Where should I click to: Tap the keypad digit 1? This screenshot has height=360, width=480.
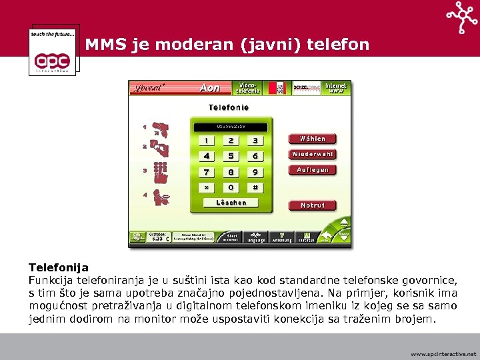click(206, 141)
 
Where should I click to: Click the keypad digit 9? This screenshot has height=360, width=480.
click(255, 172)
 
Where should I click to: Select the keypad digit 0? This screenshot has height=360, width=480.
click(231, 188)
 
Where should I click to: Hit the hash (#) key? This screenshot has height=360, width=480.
click(255, 188)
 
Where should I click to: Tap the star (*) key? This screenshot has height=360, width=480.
click(206, 188)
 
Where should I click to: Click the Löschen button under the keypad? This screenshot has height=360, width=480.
click(231, 203)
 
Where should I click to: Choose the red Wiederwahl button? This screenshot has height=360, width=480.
click(312, 154)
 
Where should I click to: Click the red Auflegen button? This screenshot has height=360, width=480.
click(312, 170)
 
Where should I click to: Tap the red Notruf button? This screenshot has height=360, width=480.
click(312, 205)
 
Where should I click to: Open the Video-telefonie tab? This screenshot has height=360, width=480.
click(247, 88)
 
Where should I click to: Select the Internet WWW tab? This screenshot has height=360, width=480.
click(336, 88)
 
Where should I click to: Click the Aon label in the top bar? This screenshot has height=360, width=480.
click(210, 88)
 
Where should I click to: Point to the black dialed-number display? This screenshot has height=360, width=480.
click(231, 125)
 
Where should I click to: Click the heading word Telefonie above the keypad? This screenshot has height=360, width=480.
click(229, 107)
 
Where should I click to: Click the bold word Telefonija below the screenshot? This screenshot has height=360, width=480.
click(59, 267)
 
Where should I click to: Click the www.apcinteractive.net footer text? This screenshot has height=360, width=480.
click(443, 354)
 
